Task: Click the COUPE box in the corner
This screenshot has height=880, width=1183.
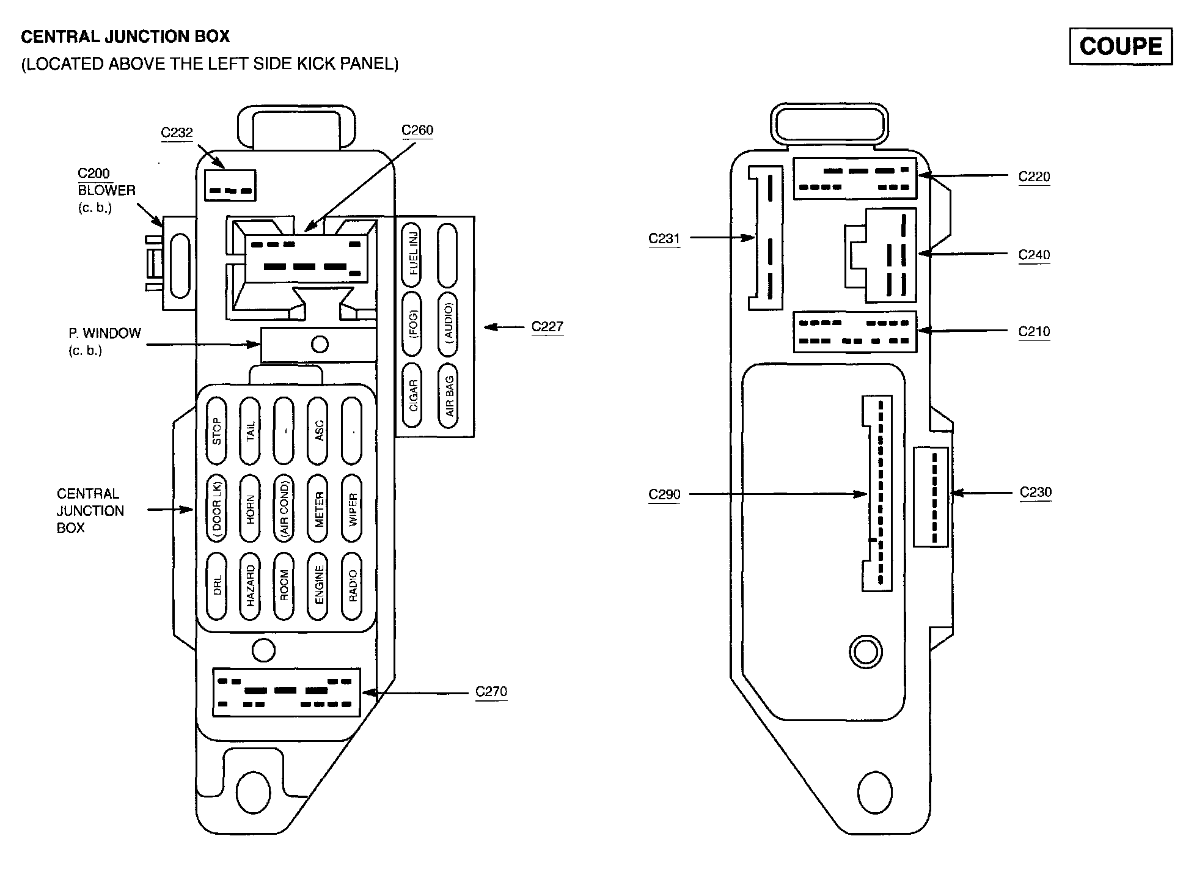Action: (x=1120, y=46)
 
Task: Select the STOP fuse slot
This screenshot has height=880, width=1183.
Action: (x=216, y=430)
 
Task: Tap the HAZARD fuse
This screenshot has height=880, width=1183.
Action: (x=250, y=586)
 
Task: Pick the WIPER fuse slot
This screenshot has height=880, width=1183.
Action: (x=352, y=508)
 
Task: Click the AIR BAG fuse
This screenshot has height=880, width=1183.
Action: (x=448, y=395)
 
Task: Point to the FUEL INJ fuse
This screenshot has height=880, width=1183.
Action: (x=412, y=254)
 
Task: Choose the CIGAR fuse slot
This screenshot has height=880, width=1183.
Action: (x=412, y=395)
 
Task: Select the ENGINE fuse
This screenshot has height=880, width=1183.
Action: (x=318, y=586)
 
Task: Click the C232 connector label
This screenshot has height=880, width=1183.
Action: (x=177, y=133)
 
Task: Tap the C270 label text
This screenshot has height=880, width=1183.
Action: (x=491, y=692)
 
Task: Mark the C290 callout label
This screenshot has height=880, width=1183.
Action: (x=664, y=494)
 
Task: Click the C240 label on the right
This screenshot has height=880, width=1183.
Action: (x=1034, y=254)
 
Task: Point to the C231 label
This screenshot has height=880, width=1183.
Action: (x=664, y=238)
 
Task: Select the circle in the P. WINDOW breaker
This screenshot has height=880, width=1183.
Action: (x=320, y=345)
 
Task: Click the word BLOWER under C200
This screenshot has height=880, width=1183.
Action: (x=106, y=190)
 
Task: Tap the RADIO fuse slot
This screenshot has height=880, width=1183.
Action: (x=352, y=586)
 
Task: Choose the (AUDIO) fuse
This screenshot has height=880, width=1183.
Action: (x=448, y=324)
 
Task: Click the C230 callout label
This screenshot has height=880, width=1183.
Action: (x=1036, y=492)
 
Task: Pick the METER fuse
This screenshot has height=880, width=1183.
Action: (x=318, y=508)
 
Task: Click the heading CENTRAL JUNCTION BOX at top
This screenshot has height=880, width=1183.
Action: (x=125, y=37)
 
